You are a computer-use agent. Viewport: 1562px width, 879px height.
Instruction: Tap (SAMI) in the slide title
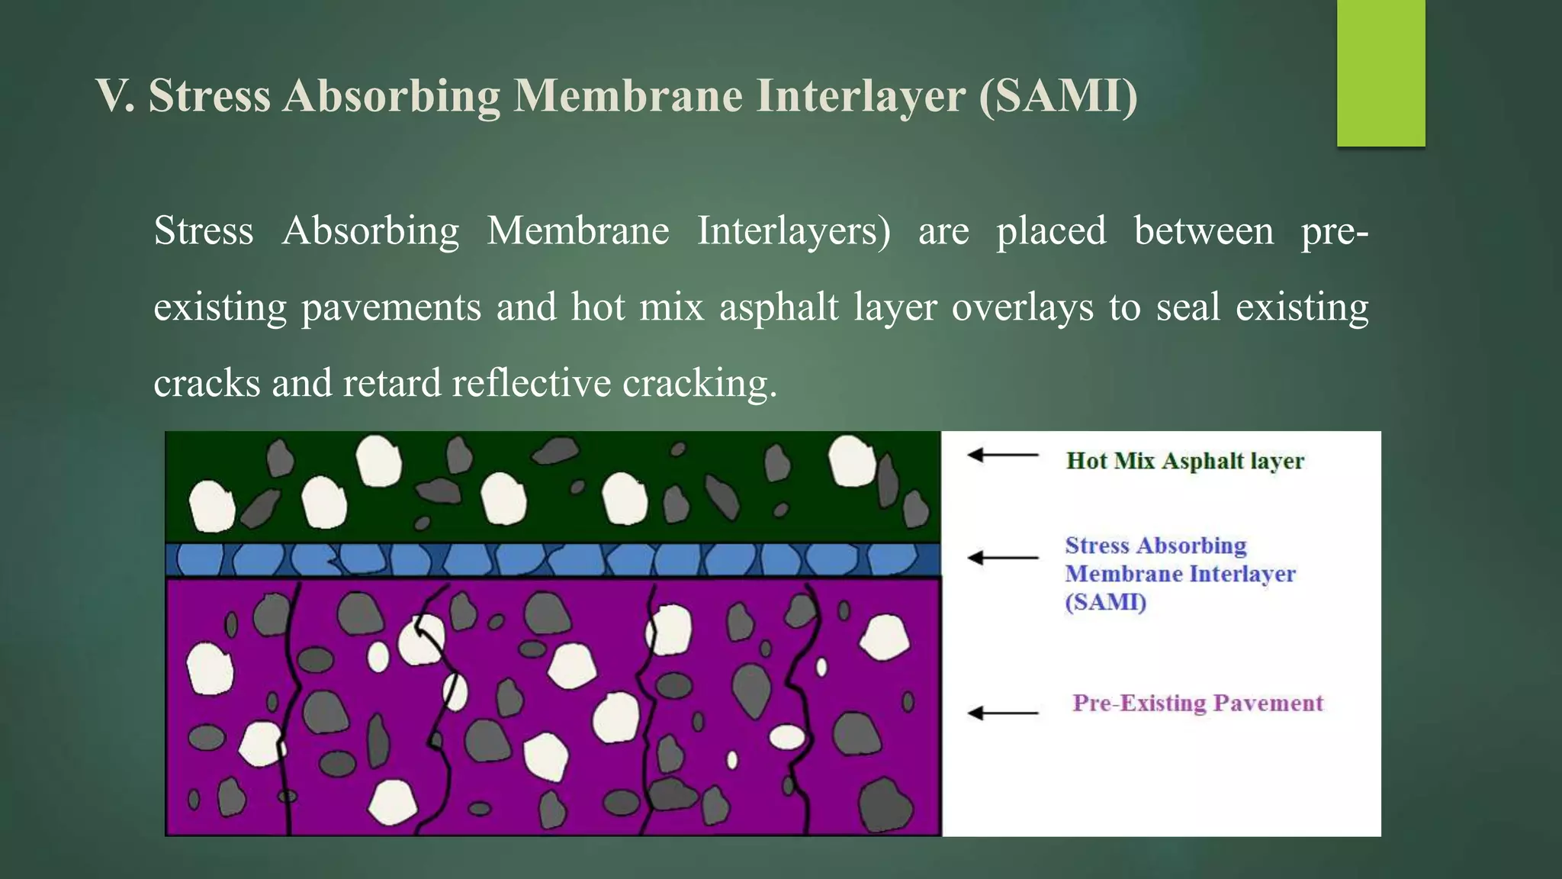click(1058, 97)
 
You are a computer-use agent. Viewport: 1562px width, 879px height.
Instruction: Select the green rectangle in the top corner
click(1380, 72)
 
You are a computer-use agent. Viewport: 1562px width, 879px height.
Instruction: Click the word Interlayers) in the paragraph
click(793, 231)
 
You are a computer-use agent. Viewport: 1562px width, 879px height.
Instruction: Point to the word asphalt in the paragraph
click(779, 307)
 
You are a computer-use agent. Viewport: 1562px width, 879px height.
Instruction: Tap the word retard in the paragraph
click(391, 382)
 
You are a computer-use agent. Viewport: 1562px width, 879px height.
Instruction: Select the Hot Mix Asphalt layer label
click(1184, 461)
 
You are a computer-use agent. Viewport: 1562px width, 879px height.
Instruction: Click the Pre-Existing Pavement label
click(1197, 703)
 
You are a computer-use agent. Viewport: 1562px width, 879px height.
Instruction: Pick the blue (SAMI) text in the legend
click(1105, 602)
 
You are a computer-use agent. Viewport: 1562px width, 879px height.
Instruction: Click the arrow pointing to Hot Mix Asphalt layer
click(1002, 456)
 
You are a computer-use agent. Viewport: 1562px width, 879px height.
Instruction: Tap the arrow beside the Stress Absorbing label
click(1002, 558)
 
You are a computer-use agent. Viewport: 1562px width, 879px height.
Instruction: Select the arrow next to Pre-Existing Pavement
click(1002, 713)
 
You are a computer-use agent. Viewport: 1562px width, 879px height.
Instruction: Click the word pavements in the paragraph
click(391, 307)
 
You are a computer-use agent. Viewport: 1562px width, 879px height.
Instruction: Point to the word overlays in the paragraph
click(1022, 307)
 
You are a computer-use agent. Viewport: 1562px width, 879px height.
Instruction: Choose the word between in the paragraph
click(1204, 231)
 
